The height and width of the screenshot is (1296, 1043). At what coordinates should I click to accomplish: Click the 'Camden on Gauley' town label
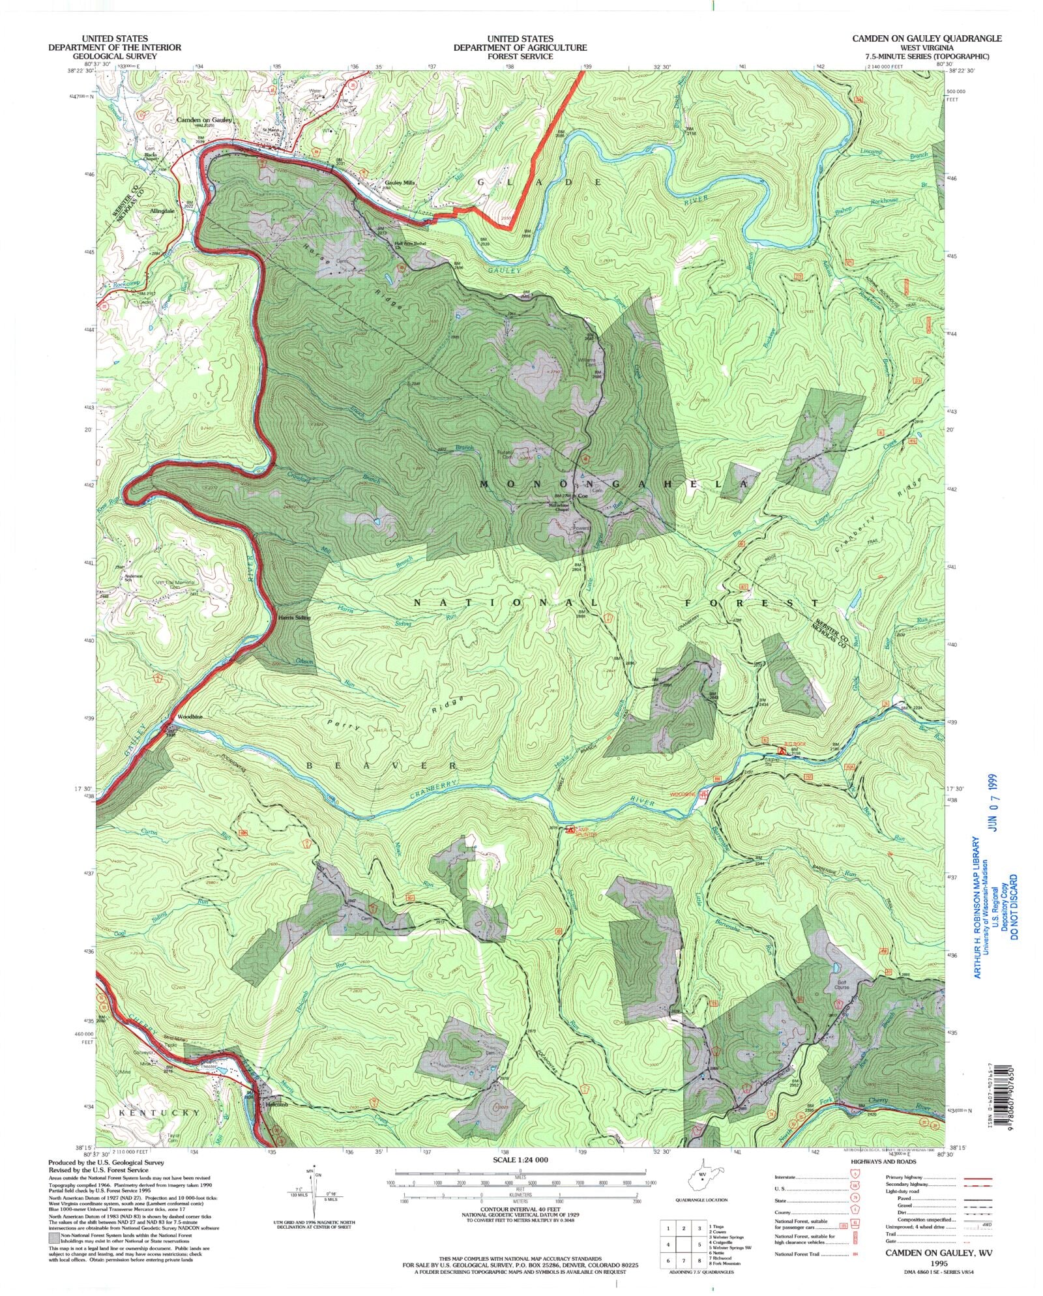point(204,121)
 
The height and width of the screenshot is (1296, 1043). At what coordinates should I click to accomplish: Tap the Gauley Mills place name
point(400,183)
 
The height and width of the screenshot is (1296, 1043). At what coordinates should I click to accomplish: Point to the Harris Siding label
point(294,617)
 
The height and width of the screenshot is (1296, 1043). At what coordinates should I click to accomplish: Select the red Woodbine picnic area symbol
point(703,795)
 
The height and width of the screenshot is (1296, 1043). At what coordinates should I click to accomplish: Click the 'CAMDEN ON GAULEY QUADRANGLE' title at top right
point(927,38)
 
